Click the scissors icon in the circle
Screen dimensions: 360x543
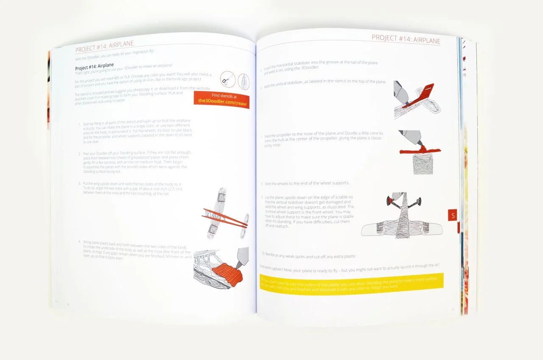(x=227, y=79)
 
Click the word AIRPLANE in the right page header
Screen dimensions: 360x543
(x=424, y=39)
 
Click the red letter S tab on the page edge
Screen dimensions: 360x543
(x=453, y=216)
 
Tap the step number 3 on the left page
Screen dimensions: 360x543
(x=79, y=183)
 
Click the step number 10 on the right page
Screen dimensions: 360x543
(x=263, y=253)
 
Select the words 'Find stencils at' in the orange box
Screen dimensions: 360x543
(x=221, y=96)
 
